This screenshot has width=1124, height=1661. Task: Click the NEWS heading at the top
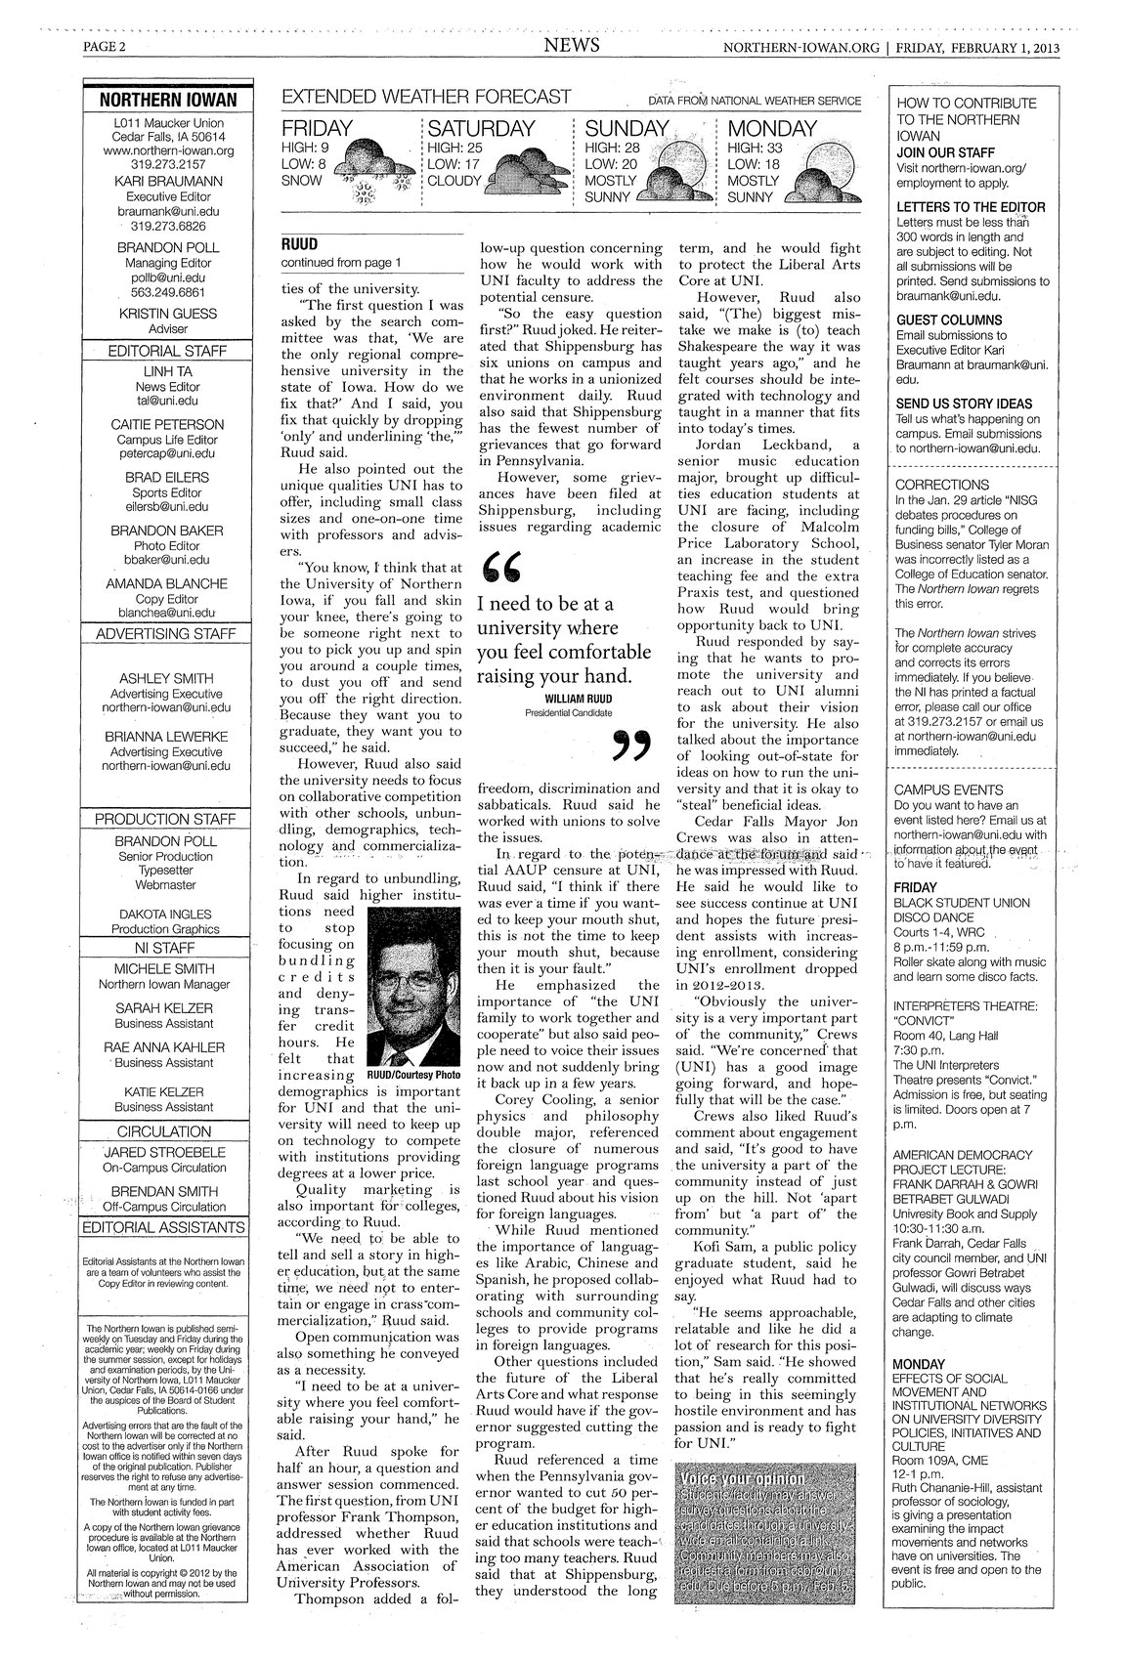[572, 47]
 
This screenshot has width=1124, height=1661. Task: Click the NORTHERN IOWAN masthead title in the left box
[167, 101]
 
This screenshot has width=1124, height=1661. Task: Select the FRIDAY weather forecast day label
[319, 129]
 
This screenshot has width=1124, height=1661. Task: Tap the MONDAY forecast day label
[772, 129]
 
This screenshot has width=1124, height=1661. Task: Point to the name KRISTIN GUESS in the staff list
[167, 314]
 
